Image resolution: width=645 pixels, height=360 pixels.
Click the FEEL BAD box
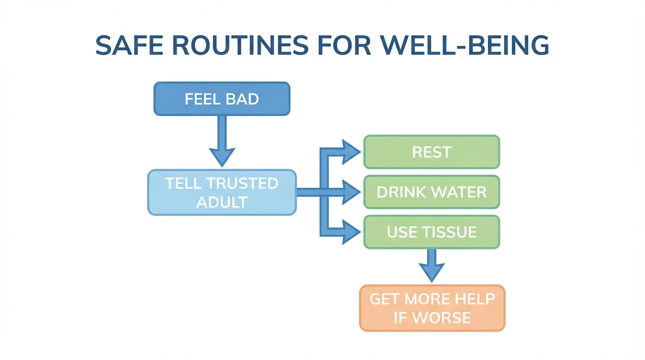click(x=222, y=99)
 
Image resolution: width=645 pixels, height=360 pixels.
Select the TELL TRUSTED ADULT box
click(x=222, y=193)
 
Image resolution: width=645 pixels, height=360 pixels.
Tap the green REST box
click(x=431, y=152)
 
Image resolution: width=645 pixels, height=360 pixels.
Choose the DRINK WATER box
click(x=431, y=192)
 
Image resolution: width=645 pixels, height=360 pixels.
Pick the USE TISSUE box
click(x=431, y=232)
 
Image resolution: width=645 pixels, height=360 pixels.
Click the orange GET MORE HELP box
click(x=432, y=308)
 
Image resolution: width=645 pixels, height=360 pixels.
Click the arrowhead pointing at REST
click(x=350, y=152)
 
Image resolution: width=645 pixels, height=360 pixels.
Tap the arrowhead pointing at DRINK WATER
click(x=350, y=192)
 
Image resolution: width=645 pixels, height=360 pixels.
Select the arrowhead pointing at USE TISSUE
click(x=350, y=232)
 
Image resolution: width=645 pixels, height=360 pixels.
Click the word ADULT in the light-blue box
click(x=222, y=202)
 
